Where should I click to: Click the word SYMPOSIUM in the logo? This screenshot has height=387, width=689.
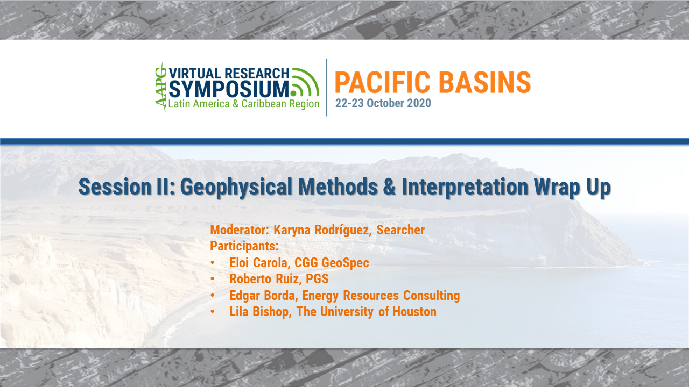coord(229,88)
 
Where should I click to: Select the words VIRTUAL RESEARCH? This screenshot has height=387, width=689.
coord(229,73)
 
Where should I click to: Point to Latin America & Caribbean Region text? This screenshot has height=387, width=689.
coord(244,104)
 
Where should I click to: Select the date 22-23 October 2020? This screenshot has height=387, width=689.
coord(383,103)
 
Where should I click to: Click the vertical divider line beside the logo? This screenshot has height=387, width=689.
coord(327,87)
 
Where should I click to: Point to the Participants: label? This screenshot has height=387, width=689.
coord(244,246)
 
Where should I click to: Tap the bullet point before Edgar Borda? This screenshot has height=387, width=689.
coord(213,296)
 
